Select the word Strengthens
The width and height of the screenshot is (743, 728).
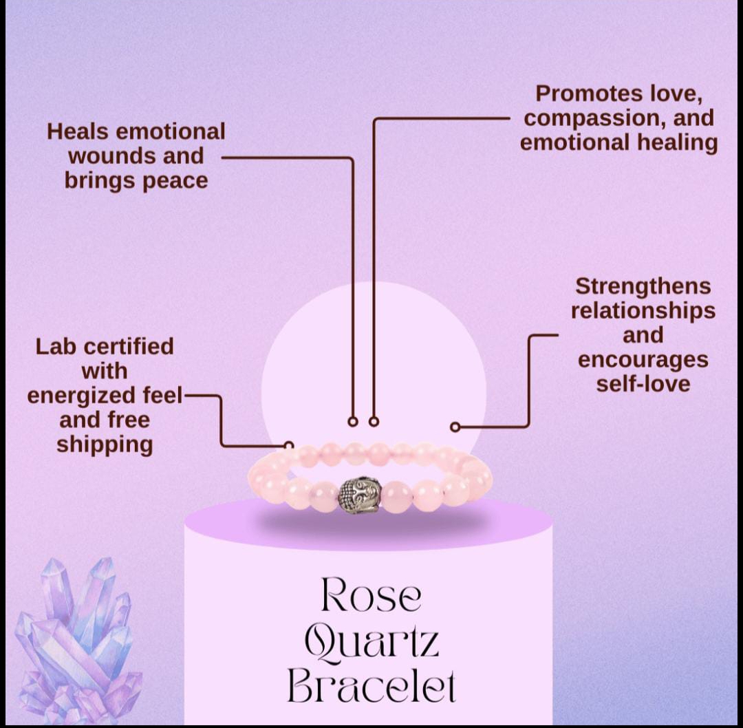(x=643, y=286)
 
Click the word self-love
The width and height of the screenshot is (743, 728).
(x=643, y=383)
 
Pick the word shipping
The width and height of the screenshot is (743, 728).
(x=105, y=445)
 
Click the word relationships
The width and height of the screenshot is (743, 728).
(x=643, y=310)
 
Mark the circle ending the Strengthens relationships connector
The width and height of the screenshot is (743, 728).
(x=455, y=427)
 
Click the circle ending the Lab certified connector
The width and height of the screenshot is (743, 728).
(x=289, y=446)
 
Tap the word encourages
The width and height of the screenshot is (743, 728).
(x=643, y=359)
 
